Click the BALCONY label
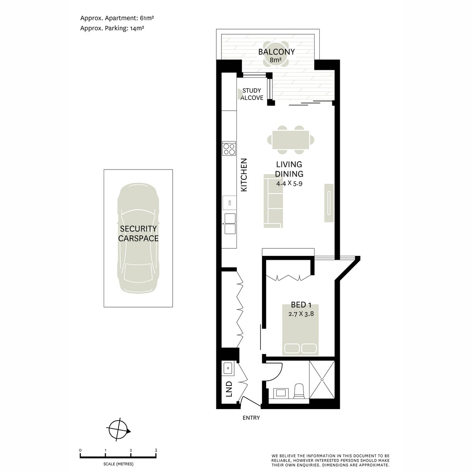point(276,52)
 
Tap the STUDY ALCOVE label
point(251,94)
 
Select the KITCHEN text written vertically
point(244,175)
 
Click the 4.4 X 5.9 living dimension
point(289,183)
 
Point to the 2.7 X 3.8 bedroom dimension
point(301,314)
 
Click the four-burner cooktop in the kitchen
point(229,149)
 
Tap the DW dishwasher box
point(230,203)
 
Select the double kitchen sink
point(230,223)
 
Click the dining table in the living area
point(291,140)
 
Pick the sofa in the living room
point(273,201)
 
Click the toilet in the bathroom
point(299,391)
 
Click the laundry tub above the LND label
point(228,368)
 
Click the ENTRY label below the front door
point(251,418)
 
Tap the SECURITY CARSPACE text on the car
point(138,233)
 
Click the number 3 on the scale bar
point(156,450)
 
